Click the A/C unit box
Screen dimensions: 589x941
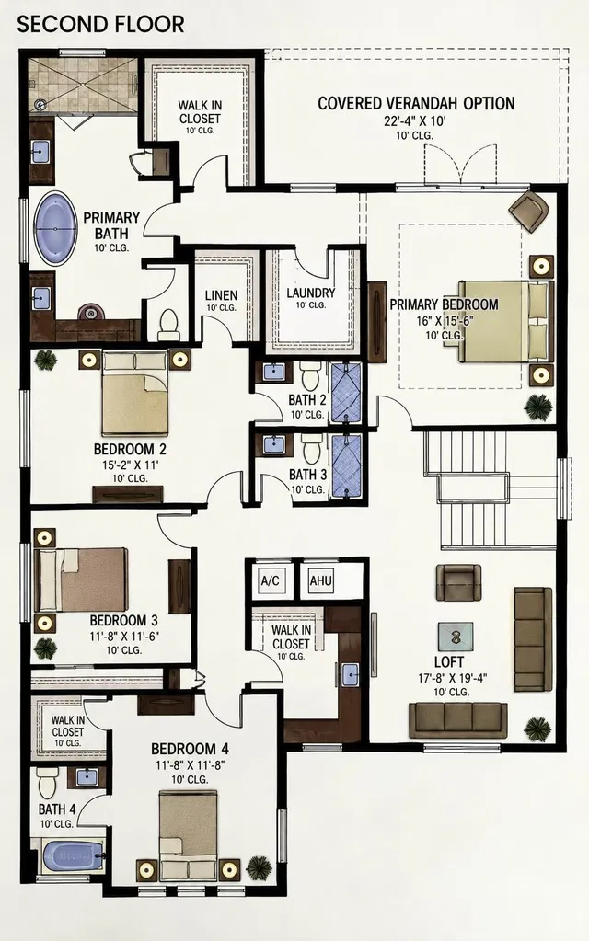pyautogui.click(x=271, y=580)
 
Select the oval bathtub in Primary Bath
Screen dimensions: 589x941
pyautogui.click(x=56, y=229)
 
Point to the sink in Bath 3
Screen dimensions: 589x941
pyautogui.click(x=274, y=443)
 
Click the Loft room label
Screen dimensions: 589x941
pyautogui.click(x=448, y=661)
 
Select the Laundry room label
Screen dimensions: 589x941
pyautogui.click(x=310, y=293)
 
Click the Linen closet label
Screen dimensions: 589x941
pyautogui.click(x=221, y=295)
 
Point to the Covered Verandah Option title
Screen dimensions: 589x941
pyautogui.click(x=416, y=103)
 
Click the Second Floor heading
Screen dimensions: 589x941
pyautogui.click(x=100, y=25)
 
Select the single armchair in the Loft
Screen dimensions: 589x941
pyautogui.click(x=458, y=582)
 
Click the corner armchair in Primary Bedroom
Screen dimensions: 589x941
pyautogui.click(x=529, y=211)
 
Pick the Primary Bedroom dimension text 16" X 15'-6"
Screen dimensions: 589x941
pyautogui.click(x=445, y=320)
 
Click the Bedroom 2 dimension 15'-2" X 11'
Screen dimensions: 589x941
pyautogui.click(x=130, y=465)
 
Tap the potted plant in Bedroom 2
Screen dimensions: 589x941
pyautogui.click(x=45, y=360)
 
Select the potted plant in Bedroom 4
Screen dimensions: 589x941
pyautogui.click(x=259, y=867)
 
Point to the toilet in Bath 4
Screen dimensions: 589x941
pyautogui.click(x=46, y=782)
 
